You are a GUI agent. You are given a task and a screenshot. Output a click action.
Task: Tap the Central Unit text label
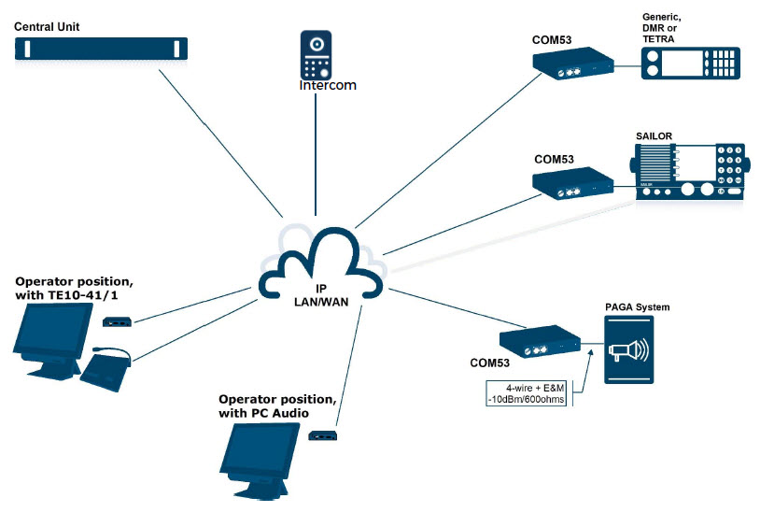pyautogui.click(x=47, y=26)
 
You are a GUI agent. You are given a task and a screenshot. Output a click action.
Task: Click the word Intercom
pyautogui.click(x=327, y=85)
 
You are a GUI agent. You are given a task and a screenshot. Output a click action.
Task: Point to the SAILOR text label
pyautogui.click(x=654, y=135)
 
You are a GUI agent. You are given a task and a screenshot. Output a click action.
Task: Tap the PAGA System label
pyautogui.click(x=637, y=307)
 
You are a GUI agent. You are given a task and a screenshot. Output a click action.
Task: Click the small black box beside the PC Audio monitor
pyautogui.click(x=323, y=435)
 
